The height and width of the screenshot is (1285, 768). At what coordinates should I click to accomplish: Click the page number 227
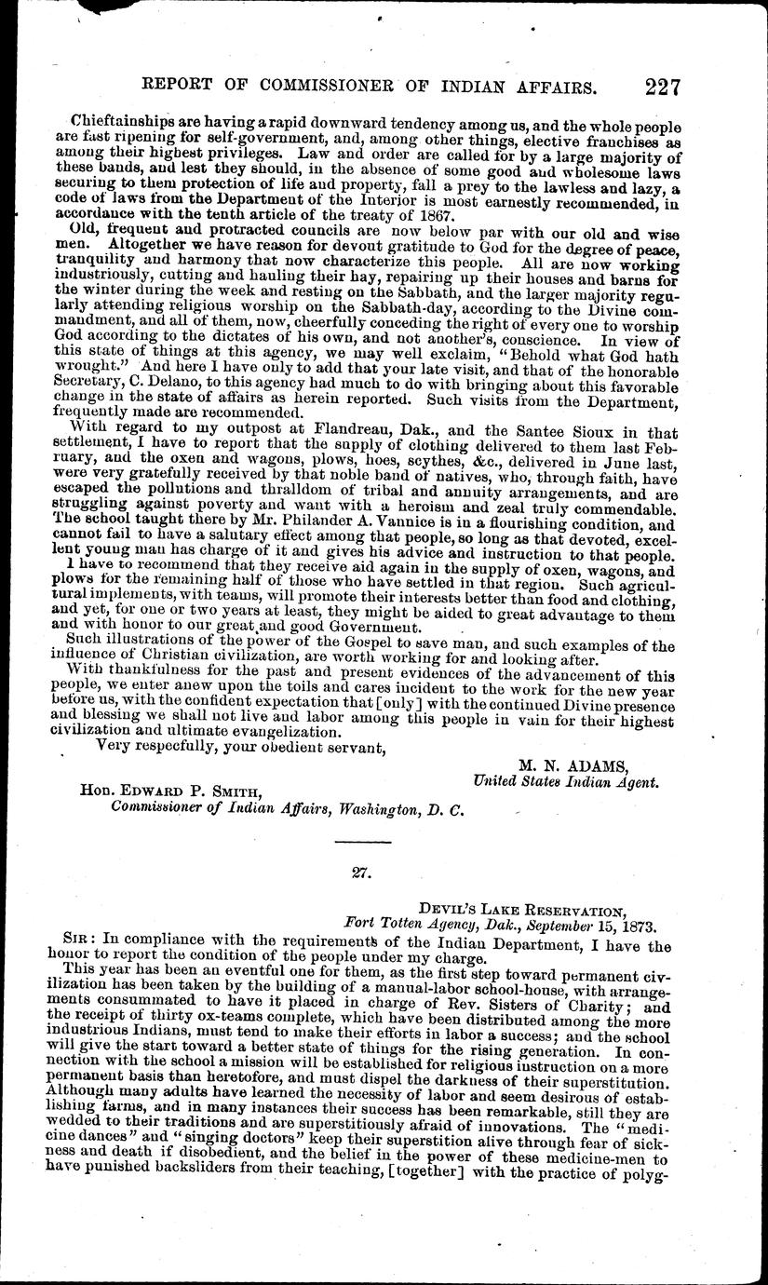click(x=662, y=88)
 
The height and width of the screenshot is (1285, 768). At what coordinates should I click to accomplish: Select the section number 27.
click(x=361, y=872)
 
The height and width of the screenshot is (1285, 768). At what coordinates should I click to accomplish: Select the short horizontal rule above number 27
click(x=361, y=843)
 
